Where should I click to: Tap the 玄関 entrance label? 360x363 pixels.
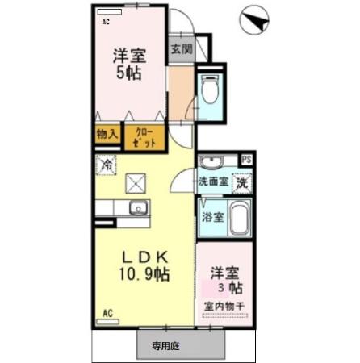click(x=182, y=48)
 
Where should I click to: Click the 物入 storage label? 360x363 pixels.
click(x=107, y=135)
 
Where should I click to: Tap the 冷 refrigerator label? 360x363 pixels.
click(x=107, y=165)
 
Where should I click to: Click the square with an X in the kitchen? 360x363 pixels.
click(x=134, y=183)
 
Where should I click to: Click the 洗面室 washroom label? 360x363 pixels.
click(x=215, y=181)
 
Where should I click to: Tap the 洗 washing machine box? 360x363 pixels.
click(x=242, y=182)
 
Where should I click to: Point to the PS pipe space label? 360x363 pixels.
click(x=245, y=159)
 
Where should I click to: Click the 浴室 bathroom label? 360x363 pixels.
click(x=212, y=217)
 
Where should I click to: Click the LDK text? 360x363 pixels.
click(x=145, y=257)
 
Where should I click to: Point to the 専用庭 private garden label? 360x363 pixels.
click(x=165, y=346)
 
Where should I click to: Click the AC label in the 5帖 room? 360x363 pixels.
click(x=106, y=23)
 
